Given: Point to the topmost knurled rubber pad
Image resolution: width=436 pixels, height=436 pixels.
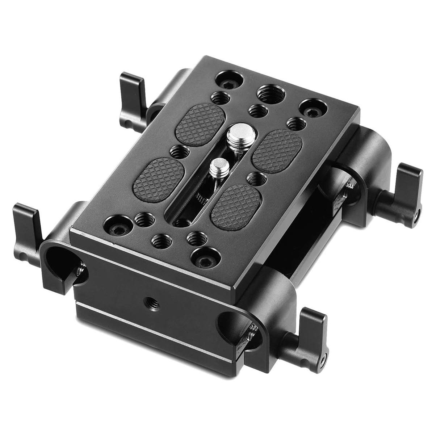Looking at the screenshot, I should [x=200, y=123].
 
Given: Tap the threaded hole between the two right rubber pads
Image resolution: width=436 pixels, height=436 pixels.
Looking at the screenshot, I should [x=257, y=179].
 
